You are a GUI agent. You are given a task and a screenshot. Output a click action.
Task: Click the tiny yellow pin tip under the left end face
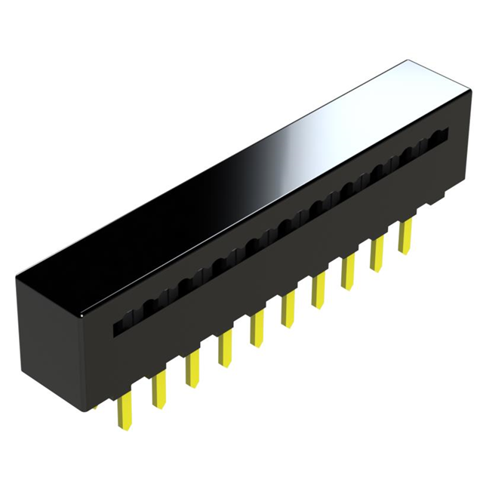96,407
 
